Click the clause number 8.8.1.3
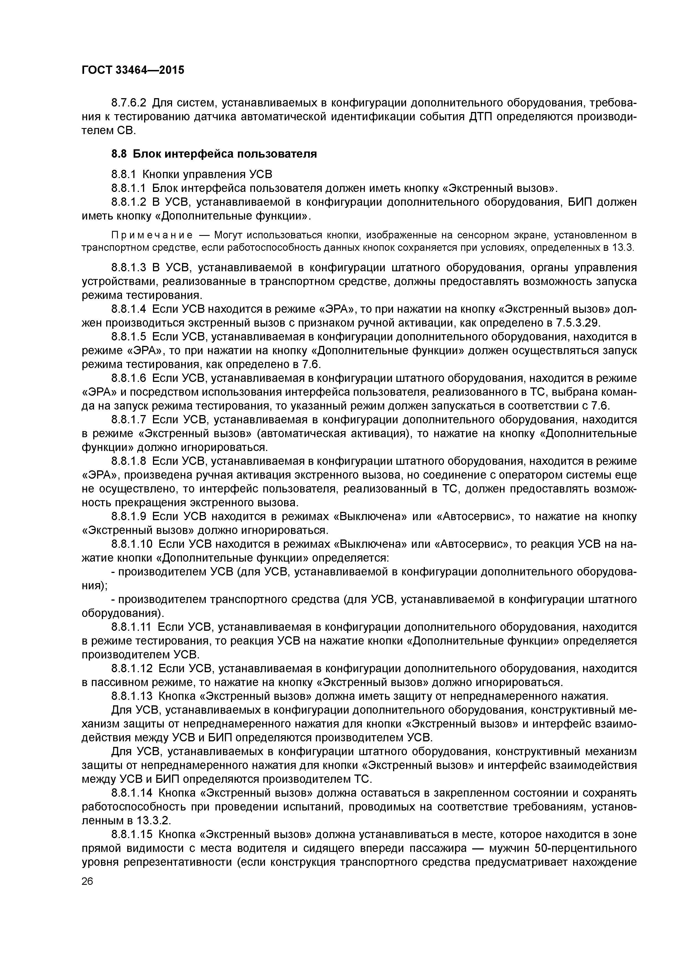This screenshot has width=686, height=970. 129,268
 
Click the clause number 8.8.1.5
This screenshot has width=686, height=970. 129,337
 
